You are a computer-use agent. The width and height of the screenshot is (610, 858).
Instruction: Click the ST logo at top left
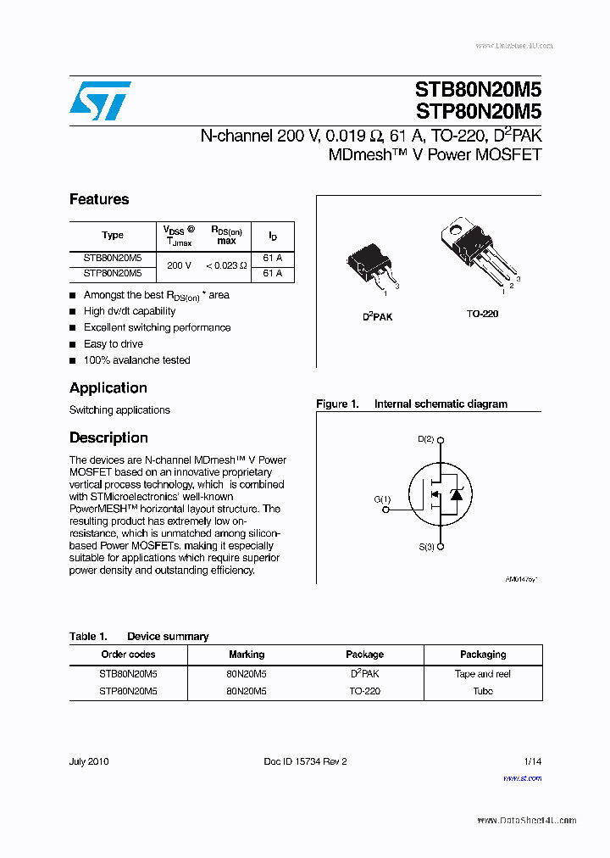coord(100,101)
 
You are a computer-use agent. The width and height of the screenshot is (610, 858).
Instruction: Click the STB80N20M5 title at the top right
coord(478,90)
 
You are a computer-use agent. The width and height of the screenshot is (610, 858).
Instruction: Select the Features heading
coord(99,199)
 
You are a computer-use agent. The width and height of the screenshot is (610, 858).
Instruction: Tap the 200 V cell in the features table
coord(179,265)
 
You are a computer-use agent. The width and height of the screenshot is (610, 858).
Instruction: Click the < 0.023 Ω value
coord(225,265)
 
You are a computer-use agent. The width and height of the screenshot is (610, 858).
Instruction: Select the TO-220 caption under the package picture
coord(482,314)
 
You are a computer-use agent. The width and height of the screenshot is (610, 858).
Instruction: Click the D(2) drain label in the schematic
coord(425,439)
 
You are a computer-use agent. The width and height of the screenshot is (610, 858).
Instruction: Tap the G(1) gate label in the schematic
coord(382,499)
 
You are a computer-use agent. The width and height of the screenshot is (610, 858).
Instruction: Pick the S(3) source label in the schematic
coord(425,548)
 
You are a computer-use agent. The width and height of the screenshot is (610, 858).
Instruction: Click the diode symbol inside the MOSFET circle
coord(454,494)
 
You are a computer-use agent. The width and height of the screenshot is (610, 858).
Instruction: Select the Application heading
coord(108,388)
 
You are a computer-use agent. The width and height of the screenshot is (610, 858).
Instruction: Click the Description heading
coord(108,438)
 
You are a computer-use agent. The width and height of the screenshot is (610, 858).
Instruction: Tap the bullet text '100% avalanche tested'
coord(136,360)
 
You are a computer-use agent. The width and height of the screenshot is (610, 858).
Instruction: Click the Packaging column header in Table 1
coord(483,655)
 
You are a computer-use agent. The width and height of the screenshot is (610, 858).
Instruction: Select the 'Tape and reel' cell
coord(483,674)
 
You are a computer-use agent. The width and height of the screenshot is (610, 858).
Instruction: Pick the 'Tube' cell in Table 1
coord(483,691)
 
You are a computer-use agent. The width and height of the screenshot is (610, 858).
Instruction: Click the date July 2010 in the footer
coord(89,761)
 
